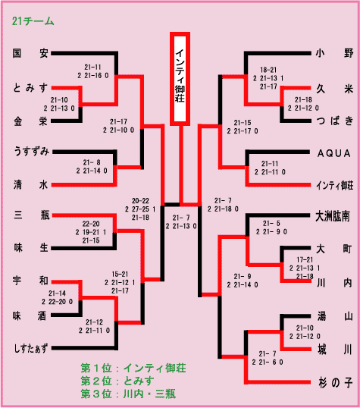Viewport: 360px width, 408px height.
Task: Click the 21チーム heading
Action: click(33, 21)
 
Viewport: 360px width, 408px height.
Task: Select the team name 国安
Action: click(30, 53)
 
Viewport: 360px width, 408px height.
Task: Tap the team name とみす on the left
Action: click(30, 88)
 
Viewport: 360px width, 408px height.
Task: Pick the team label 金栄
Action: click(30, 121)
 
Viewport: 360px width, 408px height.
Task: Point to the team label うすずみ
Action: click(31, 151)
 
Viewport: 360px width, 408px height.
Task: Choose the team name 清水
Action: click(30, 185)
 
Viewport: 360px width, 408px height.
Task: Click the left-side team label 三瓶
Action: click(32, 215)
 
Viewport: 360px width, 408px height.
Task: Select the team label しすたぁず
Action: click(31, 348)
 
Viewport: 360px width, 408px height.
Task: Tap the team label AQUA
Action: click(334, 153)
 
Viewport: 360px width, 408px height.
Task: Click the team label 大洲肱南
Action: click(333, 216)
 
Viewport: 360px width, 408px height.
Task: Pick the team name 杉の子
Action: click(336, 383)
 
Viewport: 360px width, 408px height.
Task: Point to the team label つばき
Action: click(335, 121)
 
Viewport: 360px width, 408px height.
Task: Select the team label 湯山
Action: click(335, 316)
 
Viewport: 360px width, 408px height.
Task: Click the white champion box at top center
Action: click(180, 79)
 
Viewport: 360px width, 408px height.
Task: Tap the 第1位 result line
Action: click(133, 369)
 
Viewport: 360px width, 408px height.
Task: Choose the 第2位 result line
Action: click(117, 381)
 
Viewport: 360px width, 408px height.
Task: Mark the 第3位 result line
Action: click(128, 394)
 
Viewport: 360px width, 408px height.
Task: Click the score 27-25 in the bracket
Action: click(140, 209)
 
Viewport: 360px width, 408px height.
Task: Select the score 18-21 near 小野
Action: click(268, 70)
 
